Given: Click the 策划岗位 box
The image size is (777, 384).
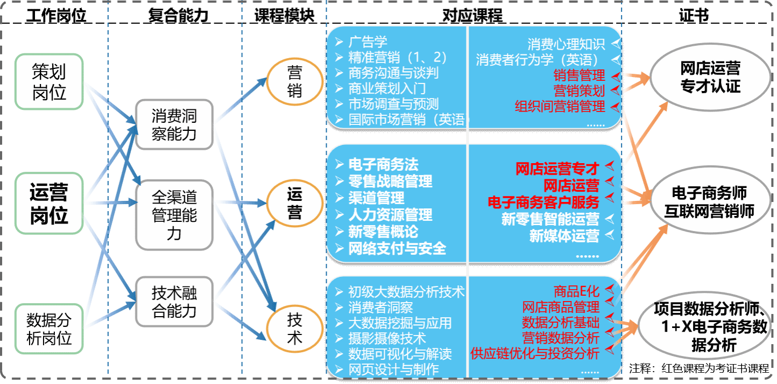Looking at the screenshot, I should pos(49,81).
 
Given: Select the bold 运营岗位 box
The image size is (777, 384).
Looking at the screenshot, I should pos(49,203).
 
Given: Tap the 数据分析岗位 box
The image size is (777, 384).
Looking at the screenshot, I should pos(49,329).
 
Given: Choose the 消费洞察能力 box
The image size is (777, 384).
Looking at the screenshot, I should pos(174,124).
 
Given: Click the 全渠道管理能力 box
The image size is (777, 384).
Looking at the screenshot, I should pos(174,215).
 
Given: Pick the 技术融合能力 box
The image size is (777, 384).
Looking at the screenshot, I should pos(174,302).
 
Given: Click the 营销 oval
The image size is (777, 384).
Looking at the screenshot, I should pos(294,82).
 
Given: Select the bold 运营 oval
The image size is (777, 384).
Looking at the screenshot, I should pos(294,204).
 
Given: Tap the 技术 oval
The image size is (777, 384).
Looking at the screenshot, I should pos(294,329).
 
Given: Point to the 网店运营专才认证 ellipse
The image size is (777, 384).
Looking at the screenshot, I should pos(710,77).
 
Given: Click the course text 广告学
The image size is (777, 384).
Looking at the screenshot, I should pos(368,42).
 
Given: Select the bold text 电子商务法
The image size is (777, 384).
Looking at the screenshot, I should pos(383,164).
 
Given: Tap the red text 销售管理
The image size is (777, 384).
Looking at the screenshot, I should pos(579,75).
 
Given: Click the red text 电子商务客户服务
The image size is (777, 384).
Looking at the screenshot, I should pos(543,203).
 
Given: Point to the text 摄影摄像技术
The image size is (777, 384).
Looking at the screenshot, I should pos(387,338).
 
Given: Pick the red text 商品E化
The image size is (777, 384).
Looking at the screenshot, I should pos(576,291).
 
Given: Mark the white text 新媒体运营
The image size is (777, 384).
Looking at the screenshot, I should pos(564,236).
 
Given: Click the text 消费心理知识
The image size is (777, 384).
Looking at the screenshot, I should pos(566,44).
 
